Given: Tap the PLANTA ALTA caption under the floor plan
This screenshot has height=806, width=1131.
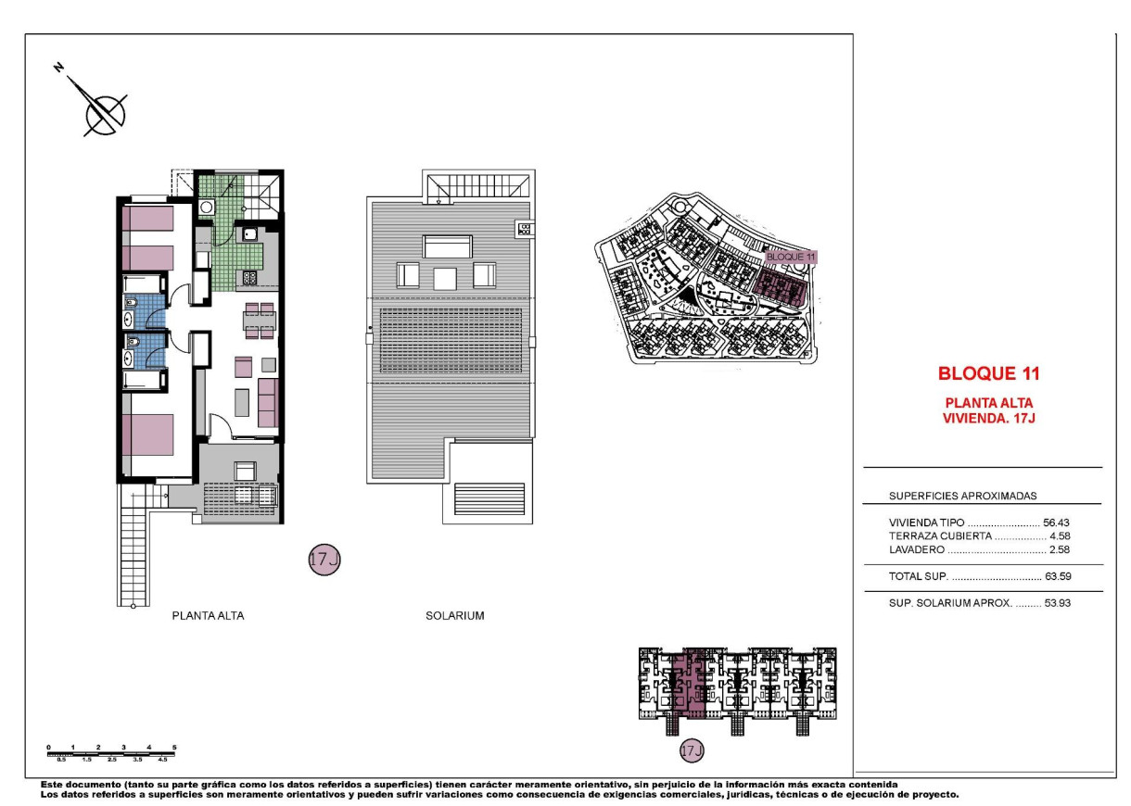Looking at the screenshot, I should [x=208, y=615].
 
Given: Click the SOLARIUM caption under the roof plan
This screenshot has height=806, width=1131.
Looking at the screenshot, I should [x=454, y=615].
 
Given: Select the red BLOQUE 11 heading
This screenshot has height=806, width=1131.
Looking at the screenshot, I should [x=988, y=374].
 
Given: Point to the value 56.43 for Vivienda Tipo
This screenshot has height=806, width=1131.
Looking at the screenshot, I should [x=1056, y=523].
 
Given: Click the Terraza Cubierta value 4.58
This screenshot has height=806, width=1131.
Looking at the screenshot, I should [x=1060, y=535].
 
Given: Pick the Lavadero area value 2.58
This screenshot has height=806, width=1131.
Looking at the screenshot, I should [x=1060, y=549].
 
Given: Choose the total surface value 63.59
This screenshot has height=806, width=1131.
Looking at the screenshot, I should [x=1056, y=577].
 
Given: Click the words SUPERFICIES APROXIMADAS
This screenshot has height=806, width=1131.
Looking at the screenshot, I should [x=949, y=496].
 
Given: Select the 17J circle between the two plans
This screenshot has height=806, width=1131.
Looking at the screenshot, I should [x=324, y=560].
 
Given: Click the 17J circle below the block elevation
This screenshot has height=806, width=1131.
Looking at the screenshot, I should [x=692, y=749].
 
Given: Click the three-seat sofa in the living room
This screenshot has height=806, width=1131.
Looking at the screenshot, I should [x=268, y=402].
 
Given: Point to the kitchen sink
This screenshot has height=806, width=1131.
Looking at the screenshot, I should [x=250, y=235].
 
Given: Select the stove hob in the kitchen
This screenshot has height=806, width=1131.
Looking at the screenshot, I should [x=249, y=276].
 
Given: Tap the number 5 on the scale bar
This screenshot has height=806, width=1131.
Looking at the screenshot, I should [x=174, y=747].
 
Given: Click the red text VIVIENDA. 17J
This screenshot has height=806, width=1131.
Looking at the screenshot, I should [x=988, y=417].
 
